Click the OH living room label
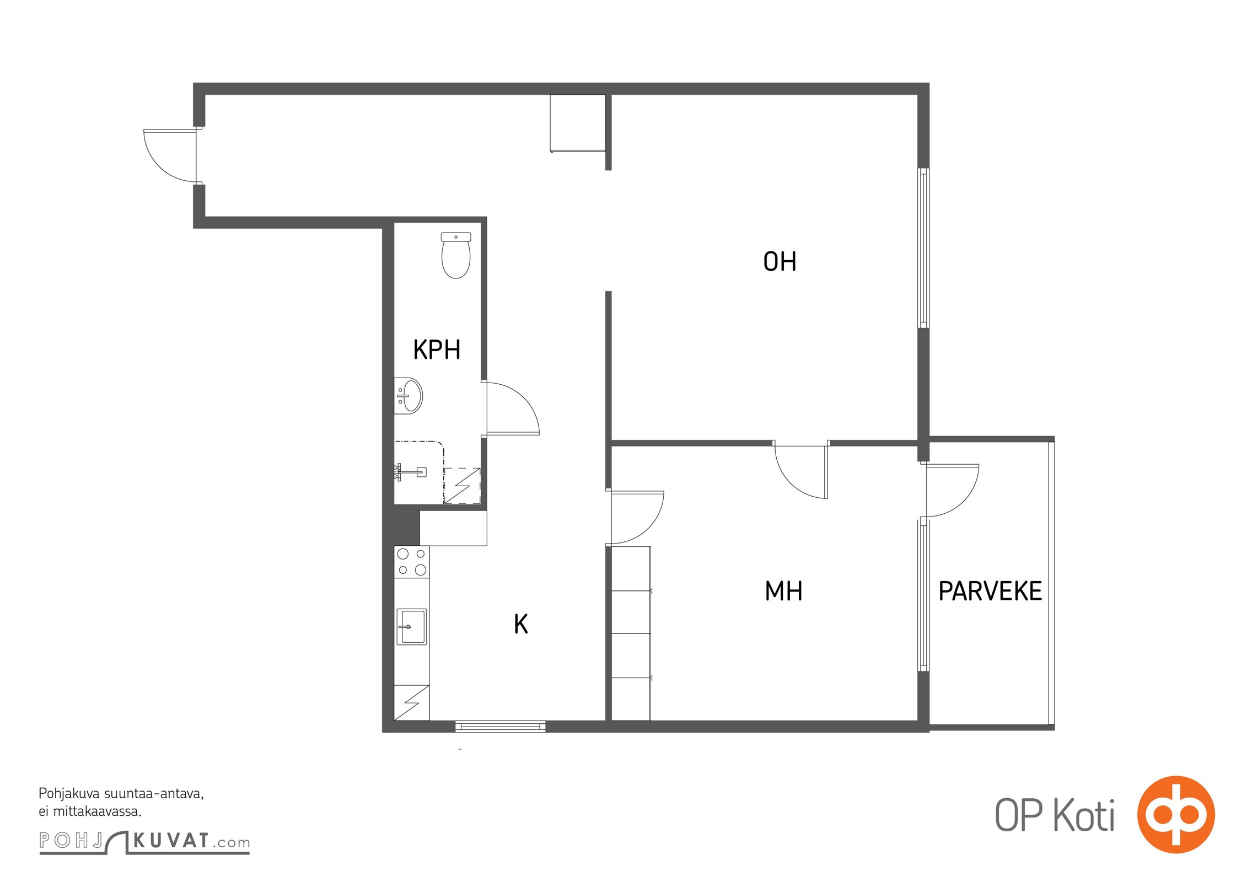[780, 261]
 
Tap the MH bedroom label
[783, 591]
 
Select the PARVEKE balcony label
[990, 591]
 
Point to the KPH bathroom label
[437, 349]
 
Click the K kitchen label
[521, 624]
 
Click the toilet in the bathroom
[456, 255]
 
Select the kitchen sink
[411, 627]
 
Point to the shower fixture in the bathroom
[411, 471]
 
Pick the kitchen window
[501, 726]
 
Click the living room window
[923, 248]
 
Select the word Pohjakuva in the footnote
[69, 794]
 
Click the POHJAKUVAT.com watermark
[144, 842]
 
